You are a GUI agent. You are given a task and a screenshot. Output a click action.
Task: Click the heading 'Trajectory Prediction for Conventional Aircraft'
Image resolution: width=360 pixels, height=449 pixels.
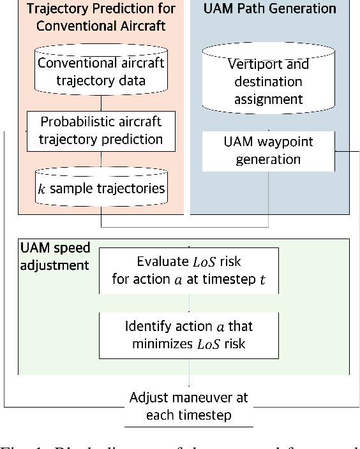tap(101, 17)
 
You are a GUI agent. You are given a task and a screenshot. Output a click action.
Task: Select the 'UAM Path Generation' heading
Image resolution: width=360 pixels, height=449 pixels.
tap(269, 9)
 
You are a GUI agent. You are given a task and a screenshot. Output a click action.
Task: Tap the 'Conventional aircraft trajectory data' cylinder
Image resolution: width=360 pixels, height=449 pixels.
tap(101, 71)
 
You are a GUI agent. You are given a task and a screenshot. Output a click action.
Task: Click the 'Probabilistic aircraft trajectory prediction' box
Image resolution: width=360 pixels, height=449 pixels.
tap(101, 130)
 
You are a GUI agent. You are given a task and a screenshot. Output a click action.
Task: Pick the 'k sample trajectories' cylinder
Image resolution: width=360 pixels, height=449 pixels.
tap(101, 188)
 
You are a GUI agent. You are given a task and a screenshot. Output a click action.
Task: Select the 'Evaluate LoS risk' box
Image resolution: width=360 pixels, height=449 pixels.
tap(189, 270)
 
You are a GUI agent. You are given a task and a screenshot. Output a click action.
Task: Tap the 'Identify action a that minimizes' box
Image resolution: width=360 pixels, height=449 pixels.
tap(189, 335)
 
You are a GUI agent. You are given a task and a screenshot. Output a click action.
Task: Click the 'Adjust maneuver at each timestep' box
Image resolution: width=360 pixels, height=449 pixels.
tap(189, 406)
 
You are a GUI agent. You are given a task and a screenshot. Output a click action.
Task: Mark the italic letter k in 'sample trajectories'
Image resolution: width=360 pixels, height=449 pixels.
tap(42, 188)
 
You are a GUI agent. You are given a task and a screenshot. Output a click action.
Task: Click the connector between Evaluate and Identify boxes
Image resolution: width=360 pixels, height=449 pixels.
tap(189, 303)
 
